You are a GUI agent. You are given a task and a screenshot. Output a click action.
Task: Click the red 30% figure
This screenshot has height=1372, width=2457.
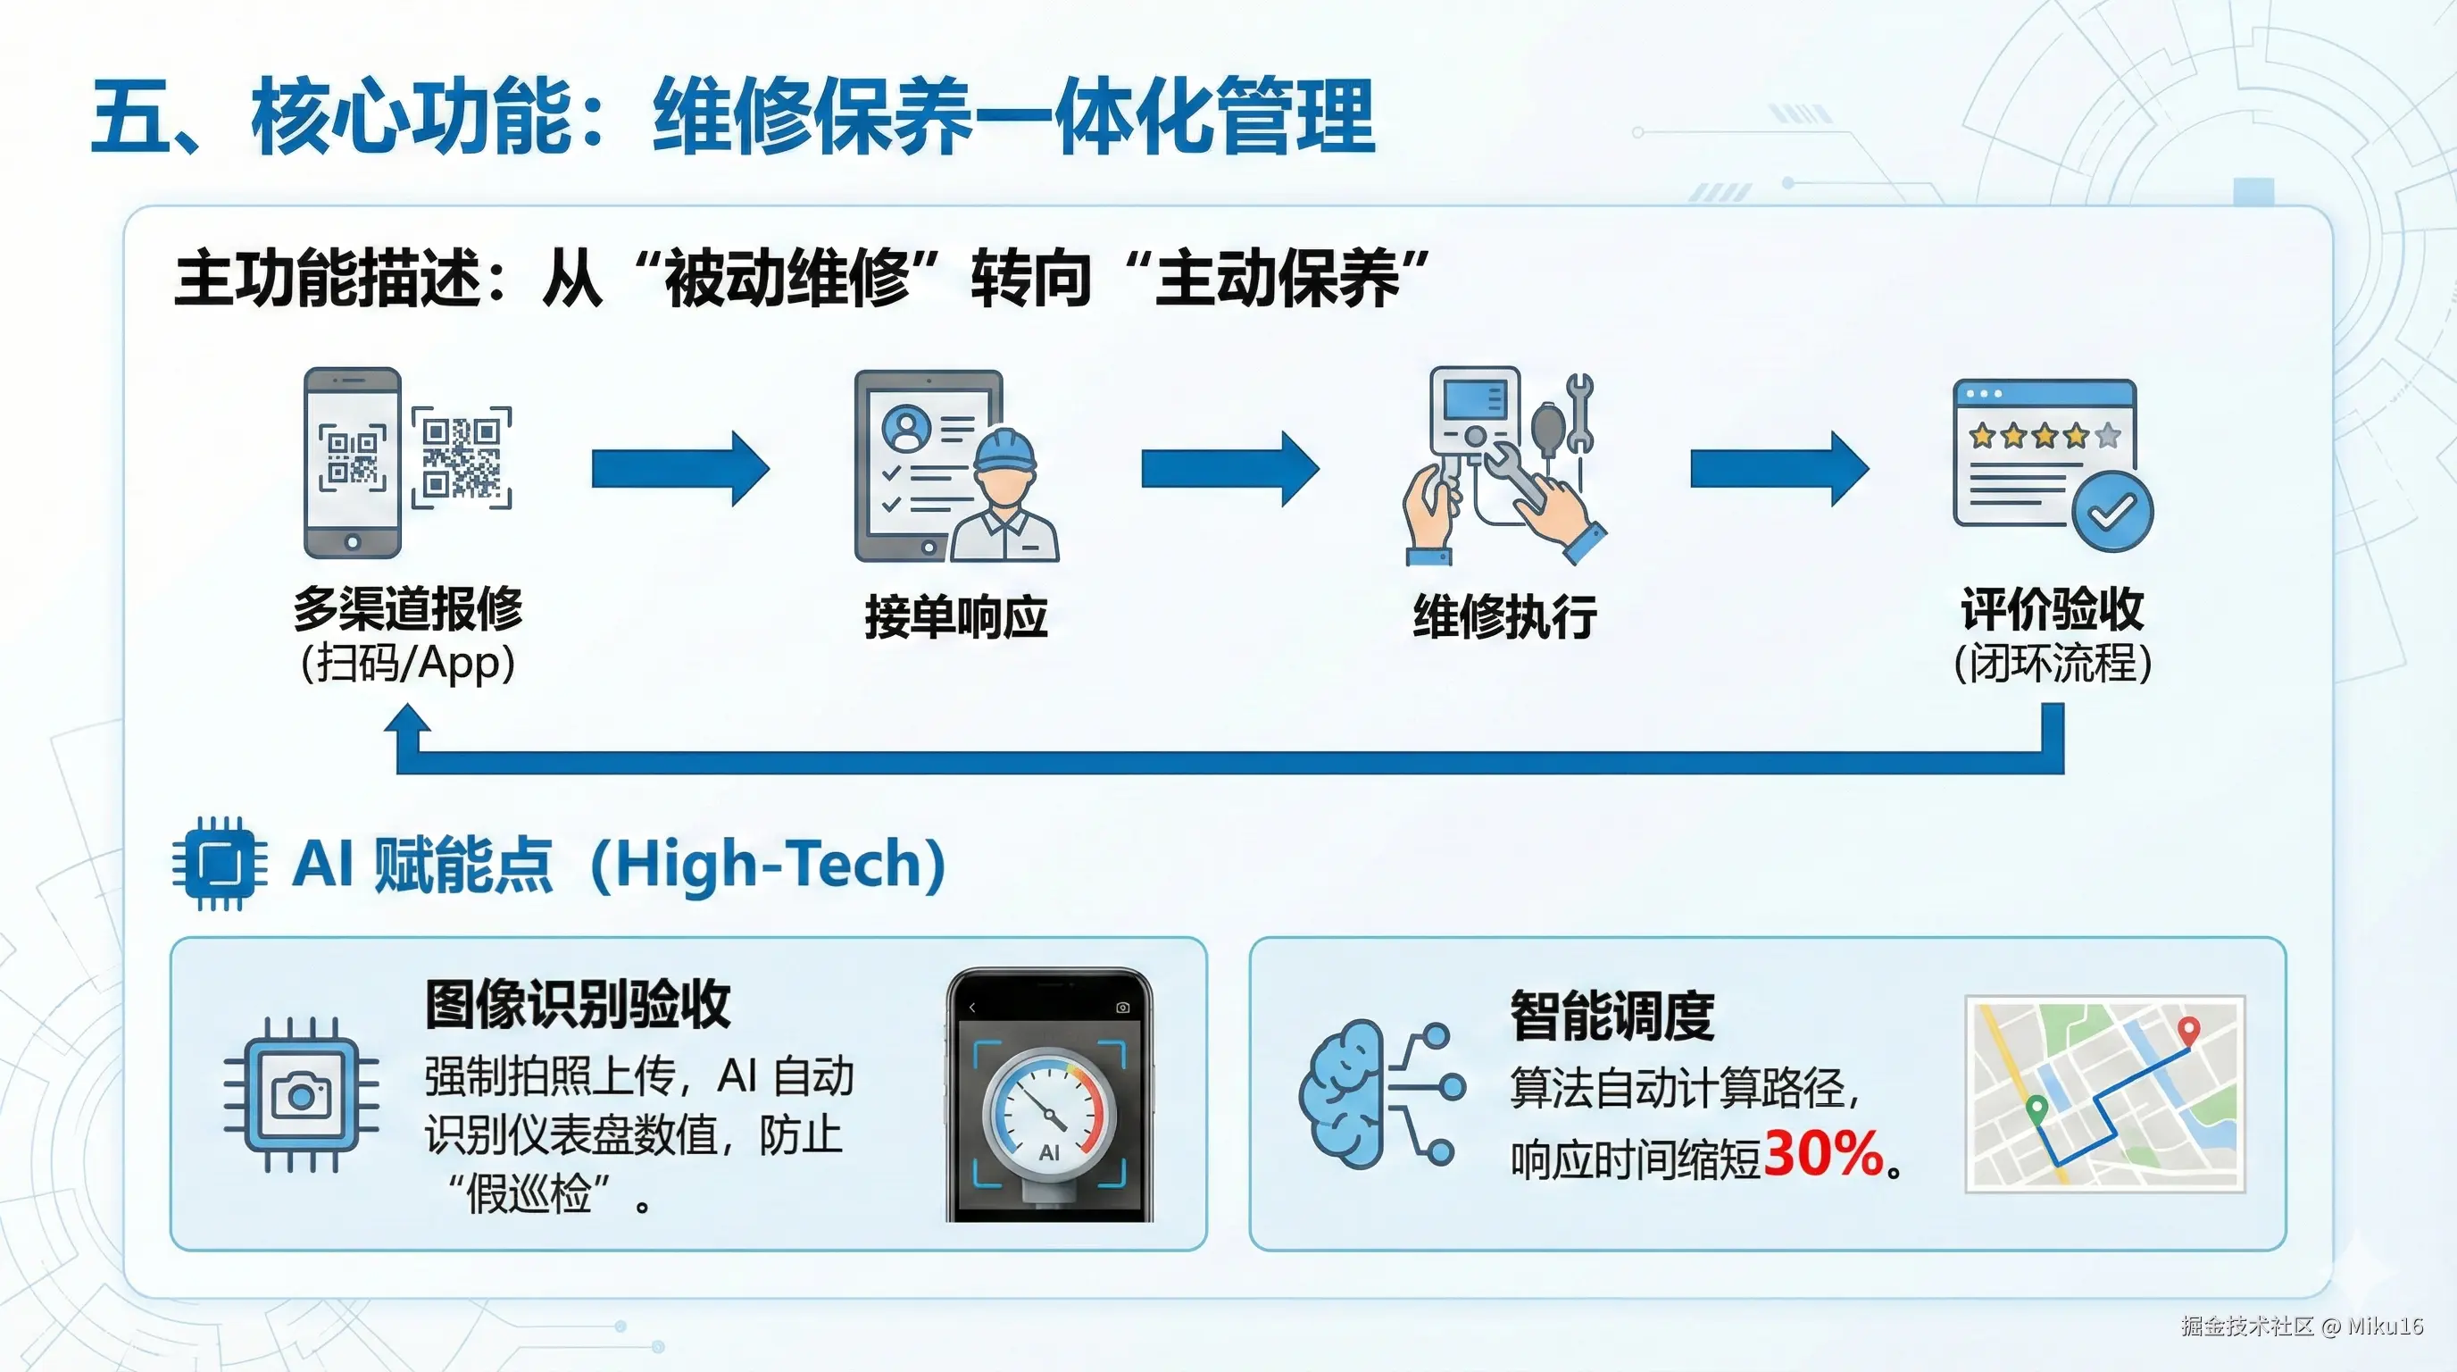pyautogui.click(x=1823, y=1153)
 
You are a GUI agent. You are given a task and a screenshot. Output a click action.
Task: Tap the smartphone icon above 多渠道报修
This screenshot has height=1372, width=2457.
pyautogui.click(x=352, y=463)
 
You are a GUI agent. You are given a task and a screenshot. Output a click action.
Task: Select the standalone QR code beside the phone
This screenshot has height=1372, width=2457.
pyautogui.click(x=462, y=458)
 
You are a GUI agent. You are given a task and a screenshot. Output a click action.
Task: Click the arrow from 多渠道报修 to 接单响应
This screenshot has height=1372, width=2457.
pyautogui.click(x=680, y=468)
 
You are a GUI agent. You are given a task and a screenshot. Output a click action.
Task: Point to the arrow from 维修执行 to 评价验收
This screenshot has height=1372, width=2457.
pyautogui.click(x=1778, y=468)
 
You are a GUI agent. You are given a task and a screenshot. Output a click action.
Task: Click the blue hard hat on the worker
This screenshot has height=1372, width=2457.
pyautogui.click(x=1009, y=449)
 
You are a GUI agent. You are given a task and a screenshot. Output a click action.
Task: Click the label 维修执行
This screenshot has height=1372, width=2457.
pyautogui.click(x=1505, y=616)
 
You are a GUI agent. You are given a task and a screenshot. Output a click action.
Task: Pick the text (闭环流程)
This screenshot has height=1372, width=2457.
pyautogui.click(x=2053, y=663)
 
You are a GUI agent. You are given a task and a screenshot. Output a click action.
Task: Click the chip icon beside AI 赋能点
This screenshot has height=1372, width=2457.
pyautogui.click(x=221, y=864)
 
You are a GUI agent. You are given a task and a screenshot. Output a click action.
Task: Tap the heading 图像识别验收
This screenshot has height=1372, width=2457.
pyautogui.click(x=578, y=1004)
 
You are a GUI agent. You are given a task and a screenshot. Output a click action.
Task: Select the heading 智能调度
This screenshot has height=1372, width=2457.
pyautogui.click(x=1612, y=1016)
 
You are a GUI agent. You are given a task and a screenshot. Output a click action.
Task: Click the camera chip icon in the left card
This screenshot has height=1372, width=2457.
pyautogui.click(x=302, y=1094)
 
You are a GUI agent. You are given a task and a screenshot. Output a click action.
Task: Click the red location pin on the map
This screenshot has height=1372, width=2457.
pyautogui.click(x=2190, y=1031)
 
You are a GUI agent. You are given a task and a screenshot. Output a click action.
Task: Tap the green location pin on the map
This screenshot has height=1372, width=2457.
pyautogui.click(x=2036, y=1109)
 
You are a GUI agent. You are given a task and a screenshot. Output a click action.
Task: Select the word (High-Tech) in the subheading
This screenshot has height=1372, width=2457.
pyautogui.click(x=769, y=865)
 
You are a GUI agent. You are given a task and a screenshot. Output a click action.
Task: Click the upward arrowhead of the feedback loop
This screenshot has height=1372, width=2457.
pyautogui.click(x=408, y=722)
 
